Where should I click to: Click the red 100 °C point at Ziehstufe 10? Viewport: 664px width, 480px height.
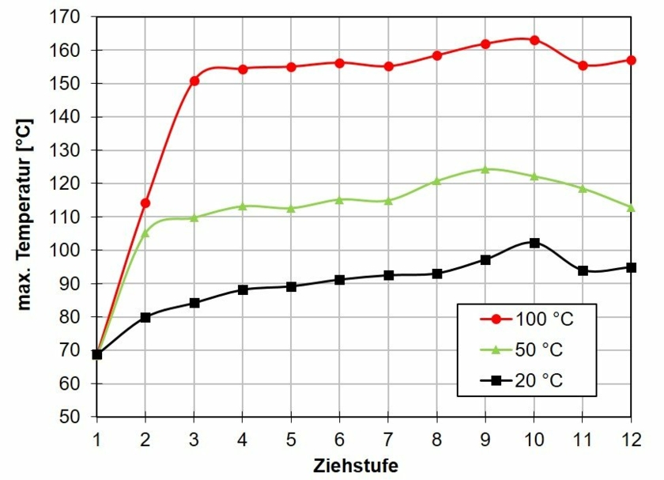click(534, 40)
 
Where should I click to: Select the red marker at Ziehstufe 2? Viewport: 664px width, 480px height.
click(145, 203)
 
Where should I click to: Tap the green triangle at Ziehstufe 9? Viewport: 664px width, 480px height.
click(485, 168)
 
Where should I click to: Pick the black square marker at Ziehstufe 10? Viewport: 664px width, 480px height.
click(534, 243)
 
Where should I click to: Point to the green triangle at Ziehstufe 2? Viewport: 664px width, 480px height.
click(145, 232)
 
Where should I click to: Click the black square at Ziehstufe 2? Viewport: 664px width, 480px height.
click(145, 317)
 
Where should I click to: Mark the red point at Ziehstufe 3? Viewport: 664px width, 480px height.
click(194, 81)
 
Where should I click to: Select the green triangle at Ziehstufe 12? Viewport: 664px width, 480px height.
click(631, 207)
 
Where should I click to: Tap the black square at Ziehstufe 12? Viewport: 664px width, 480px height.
click(631, 267)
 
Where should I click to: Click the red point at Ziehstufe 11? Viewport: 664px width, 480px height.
click(583, 66)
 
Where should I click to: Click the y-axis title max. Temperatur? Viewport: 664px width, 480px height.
click(25, 215)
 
